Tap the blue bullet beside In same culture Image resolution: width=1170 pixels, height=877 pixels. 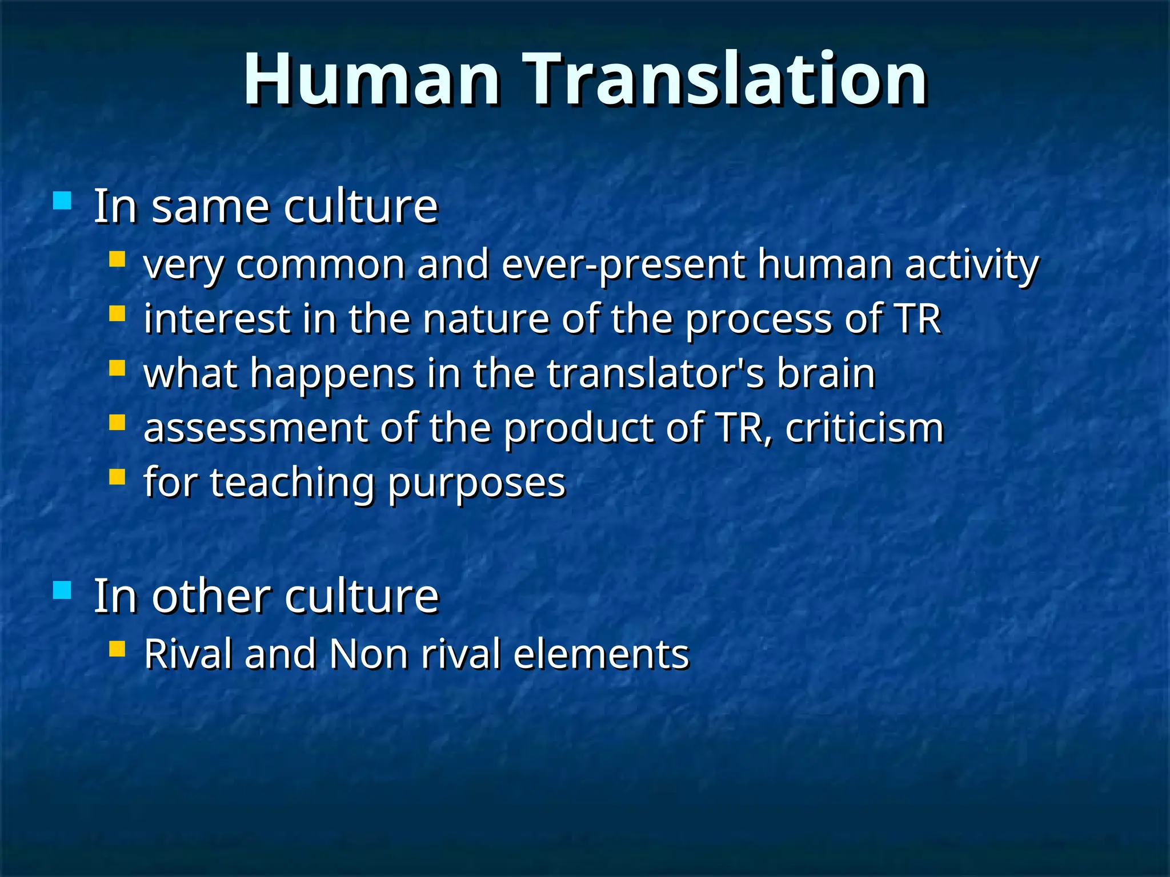click(x=62, y=200)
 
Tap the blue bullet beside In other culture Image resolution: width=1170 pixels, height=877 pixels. click(x=62, y=590)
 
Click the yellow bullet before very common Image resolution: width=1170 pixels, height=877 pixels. click(x=117, y=260)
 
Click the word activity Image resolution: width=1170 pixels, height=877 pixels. click(x=971, y=265)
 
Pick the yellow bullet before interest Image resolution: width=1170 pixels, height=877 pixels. click(x=117, y=314)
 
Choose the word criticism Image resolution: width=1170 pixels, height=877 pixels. click(x=864, y=428)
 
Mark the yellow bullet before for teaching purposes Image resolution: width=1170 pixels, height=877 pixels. click(x=117, y=476)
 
